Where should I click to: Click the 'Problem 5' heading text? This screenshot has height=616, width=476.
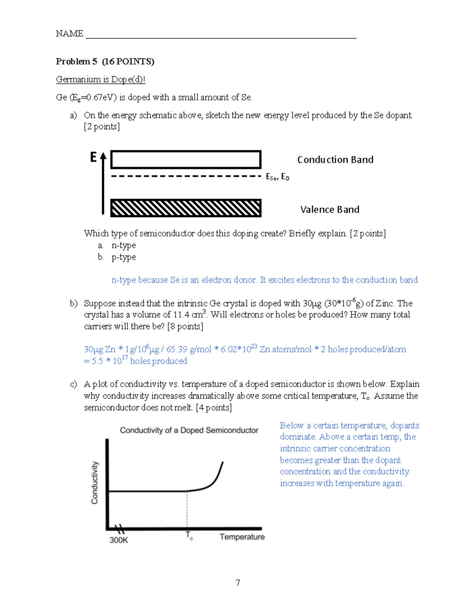point(76,61)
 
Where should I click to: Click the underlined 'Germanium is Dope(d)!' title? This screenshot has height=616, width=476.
point(100,79)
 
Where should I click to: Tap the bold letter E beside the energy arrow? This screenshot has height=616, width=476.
point(93,157)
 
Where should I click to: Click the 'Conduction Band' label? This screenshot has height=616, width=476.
point(335,159)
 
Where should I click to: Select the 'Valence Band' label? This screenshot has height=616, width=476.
point(330,209)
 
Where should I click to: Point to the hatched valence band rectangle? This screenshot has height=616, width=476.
point(186,208)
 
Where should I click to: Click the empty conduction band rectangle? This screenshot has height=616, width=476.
point(186,159)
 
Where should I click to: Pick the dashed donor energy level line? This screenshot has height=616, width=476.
point(186,176)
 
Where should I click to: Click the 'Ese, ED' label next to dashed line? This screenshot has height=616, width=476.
point(277,177)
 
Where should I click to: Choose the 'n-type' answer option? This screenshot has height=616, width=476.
point(123,245)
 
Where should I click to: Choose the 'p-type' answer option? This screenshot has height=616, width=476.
point(123,257)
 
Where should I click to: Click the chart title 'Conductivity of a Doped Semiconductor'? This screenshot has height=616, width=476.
point(189,430)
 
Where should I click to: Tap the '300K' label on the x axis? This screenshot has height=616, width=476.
point(119,540)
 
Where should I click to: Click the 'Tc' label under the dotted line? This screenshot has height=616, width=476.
point(189,536)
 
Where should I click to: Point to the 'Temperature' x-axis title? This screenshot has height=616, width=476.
point(242,537)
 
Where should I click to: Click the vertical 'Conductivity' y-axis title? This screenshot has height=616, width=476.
point(94,482)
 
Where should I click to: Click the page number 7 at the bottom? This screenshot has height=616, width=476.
point(238,582)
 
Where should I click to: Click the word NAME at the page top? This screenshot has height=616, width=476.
point(69,34)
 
